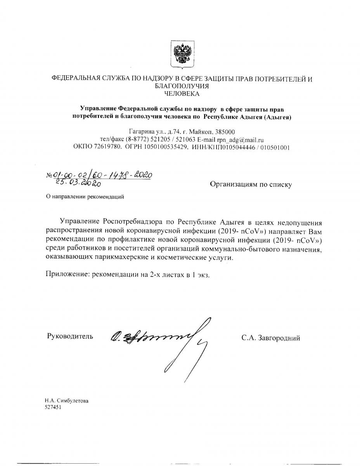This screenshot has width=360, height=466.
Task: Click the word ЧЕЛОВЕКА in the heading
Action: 182,94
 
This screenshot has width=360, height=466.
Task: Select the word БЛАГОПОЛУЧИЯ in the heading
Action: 182,86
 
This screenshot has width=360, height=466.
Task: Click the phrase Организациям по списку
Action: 251,185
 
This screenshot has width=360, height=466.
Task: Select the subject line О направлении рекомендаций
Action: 85,196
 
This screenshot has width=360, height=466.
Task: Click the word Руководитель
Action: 70,336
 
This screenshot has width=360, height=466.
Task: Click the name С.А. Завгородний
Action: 270,338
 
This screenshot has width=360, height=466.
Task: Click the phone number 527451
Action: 53,407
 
